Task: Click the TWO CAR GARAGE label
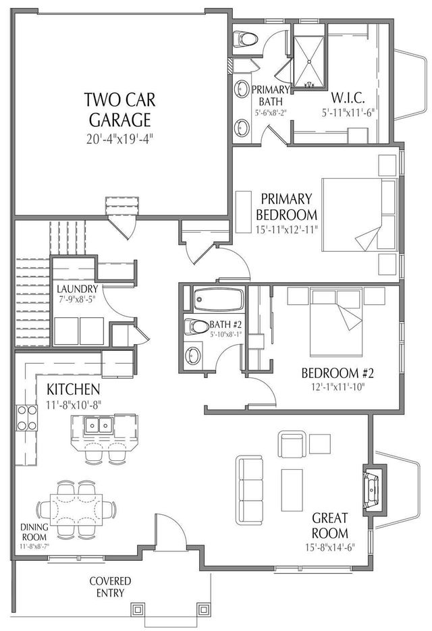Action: [x=119, y=110]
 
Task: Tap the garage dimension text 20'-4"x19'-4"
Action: [x=119, y=140]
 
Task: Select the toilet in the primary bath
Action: [x=246, y=39]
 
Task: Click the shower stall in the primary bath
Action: [x=310, y=59]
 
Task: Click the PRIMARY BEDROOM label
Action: [x=287, y=207]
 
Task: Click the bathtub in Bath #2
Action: [x=217, y=299]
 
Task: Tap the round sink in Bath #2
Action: [x=194, y=354]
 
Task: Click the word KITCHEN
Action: [x=74, y=389]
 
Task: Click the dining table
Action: [x=76, y=505]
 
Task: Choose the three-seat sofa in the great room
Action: [x=250, y=489]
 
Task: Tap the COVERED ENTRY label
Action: [x=111, y=587]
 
